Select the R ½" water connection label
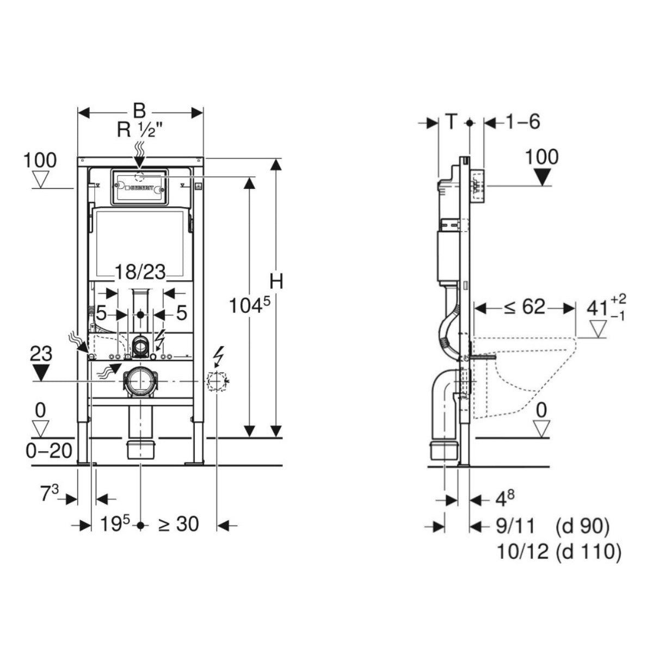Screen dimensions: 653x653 point(140,131)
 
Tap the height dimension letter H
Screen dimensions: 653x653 point(277,282)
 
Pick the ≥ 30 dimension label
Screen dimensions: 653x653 point(178,525)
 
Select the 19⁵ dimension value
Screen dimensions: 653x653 point(115,525)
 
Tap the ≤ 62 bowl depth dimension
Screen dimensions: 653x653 point(524,307)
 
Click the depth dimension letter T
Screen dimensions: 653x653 point(451,122)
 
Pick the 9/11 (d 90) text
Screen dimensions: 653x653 point(552,526)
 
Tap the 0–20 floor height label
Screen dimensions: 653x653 point(49,451)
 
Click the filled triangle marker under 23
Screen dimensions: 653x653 point(42,372)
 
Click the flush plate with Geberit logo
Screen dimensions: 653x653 point(139,187)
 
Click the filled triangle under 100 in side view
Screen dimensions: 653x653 point(543,176)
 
